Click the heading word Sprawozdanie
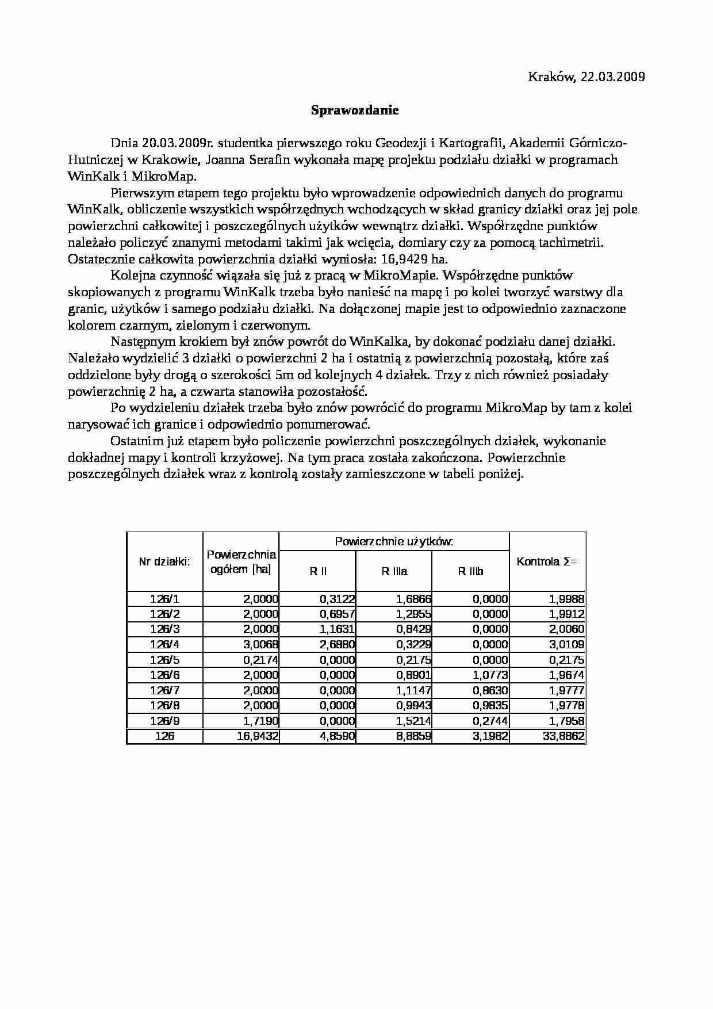tap(355, 110)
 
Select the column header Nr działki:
tap(164, 561)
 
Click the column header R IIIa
tap(394, 571)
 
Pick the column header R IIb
tap(470, 571)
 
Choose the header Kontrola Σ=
tap(547, 561)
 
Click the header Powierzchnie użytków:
tap(394, 541)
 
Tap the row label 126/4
tap(164, 644)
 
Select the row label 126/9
tap(164, 721)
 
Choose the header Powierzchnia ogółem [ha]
tap(241, 561)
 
